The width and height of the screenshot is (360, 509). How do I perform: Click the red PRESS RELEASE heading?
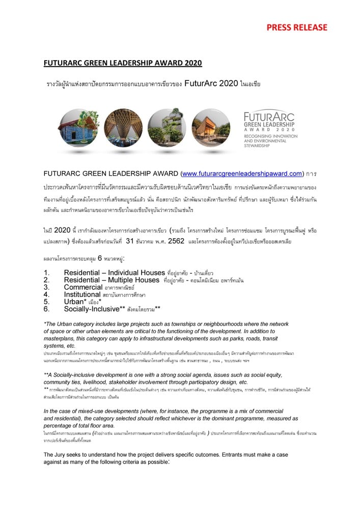click(x=297, y=27)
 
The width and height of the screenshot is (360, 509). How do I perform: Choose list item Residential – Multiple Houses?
click(x=112, y=280)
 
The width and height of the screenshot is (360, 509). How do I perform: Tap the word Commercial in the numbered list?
click(x=82, y=287)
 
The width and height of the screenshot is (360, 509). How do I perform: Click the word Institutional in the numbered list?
click(x=82, y=294)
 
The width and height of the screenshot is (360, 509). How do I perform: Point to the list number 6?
click(x=46, y=308)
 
